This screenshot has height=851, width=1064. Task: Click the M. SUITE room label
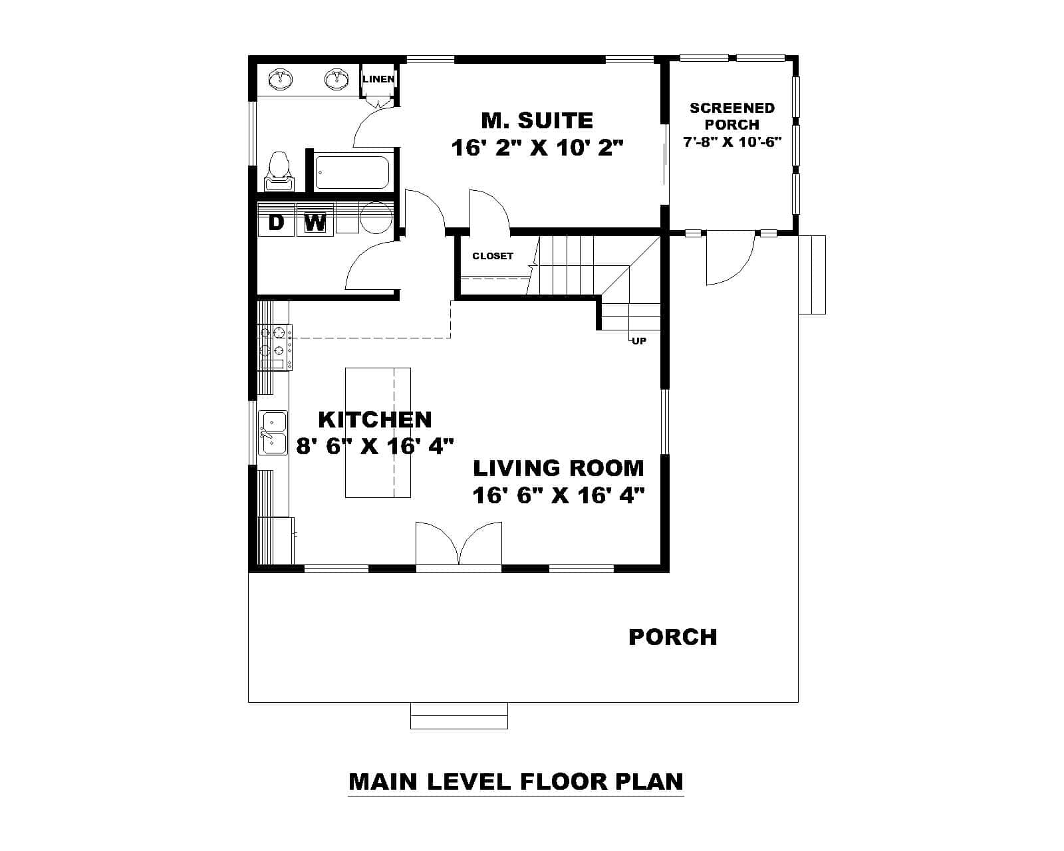537,120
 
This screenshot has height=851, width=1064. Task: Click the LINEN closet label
378,79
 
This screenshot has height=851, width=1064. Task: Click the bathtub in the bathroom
352,172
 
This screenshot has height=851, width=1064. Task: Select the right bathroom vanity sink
337,80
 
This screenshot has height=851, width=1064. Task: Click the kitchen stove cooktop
275,346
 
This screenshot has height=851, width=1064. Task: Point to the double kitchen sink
273,433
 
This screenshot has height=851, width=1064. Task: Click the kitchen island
377,432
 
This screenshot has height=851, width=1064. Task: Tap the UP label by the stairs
638,341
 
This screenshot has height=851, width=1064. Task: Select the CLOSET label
493,256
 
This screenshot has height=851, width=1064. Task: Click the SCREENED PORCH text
731,116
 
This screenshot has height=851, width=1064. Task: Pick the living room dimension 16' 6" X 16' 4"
559,495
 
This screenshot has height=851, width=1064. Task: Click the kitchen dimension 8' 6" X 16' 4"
374,445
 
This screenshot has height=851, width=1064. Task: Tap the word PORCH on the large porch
672,637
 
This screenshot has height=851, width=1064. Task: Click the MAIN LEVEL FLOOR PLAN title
515,781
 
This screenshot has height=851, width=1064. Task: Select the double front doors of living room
459,545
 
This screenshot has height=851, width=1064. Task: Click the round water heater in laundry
376,217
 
